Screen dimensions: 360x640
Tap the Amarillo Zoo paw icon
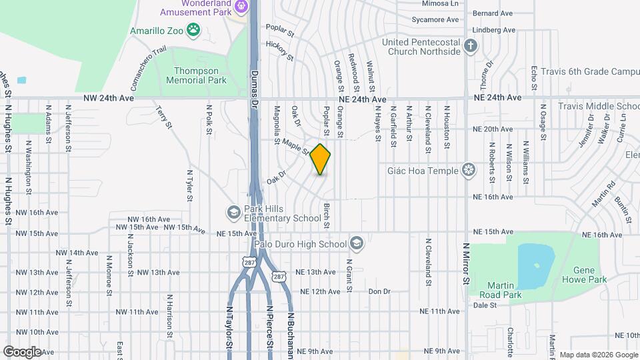193,29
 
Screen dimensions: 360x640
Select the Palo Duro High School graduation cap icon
357,243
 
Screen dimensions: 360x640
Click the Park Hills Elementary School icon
233,212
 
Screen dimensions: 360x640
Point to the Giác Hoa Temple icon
470,171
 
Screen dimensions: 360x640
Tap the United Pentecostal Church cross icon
471,45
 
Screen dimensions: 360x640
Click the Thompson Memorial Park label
200,75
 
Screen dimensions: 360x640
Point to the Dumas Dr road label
254,89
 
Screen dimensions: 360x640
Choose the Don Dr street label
379,292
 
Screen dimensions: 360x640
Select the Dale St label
485,305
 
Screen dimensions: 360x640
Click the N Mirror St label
466,263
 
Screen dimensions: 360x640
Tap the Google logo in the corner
22,351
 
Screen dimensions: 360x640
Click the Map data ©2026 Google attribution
598,354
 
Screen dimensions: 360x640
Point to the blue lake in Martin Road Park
535,265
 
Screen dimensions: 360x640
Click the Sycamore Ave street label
437,19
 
